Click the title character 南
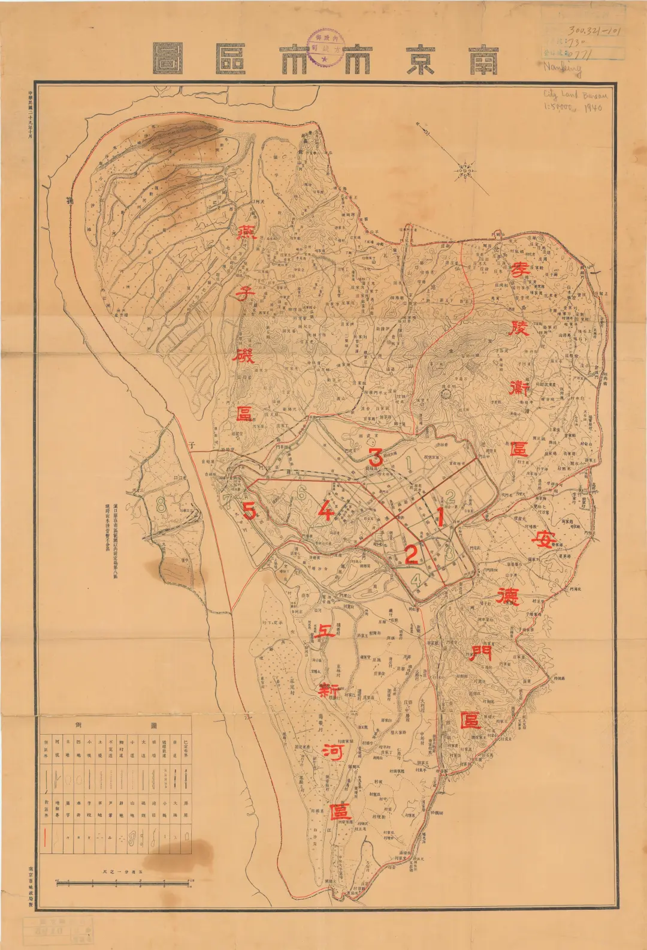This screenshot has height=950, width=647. coord(484,58)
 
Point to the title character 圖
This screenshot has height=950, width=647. coord(167,58)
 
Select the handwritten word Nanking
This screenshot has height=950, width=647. coord(563,67)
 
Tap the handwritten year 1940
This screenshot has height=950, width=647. coord(593,109)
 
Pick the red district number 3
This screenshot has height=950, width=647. coord(375,457)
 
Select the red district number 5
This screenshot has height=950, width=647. coord(249,511)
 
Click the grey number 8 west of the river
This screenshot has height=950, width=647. coord(161,504)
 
